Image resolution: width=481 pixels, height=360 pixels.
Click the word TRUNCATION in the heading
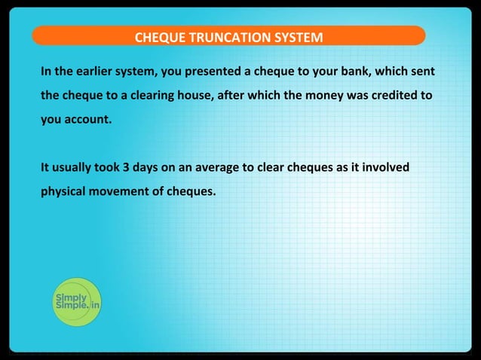[225, 37]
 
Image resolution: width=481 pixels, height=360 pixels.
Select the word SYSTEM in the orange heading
[296, 37]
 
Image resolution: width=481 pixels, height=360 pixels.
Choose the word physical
[65, 191]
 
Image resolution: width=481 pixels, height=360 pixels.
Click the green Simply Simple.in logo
[77, 303]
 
